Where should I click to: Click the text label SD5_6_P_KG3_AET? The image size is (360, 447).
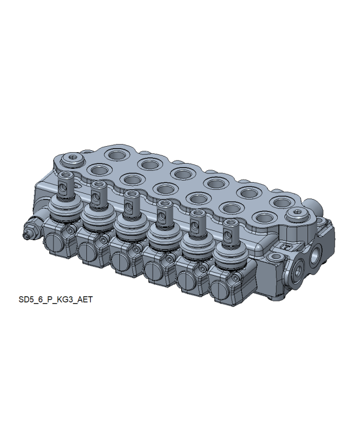[56, 299]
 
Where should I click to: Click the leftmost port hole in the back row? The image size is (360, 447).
[116, 155]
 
